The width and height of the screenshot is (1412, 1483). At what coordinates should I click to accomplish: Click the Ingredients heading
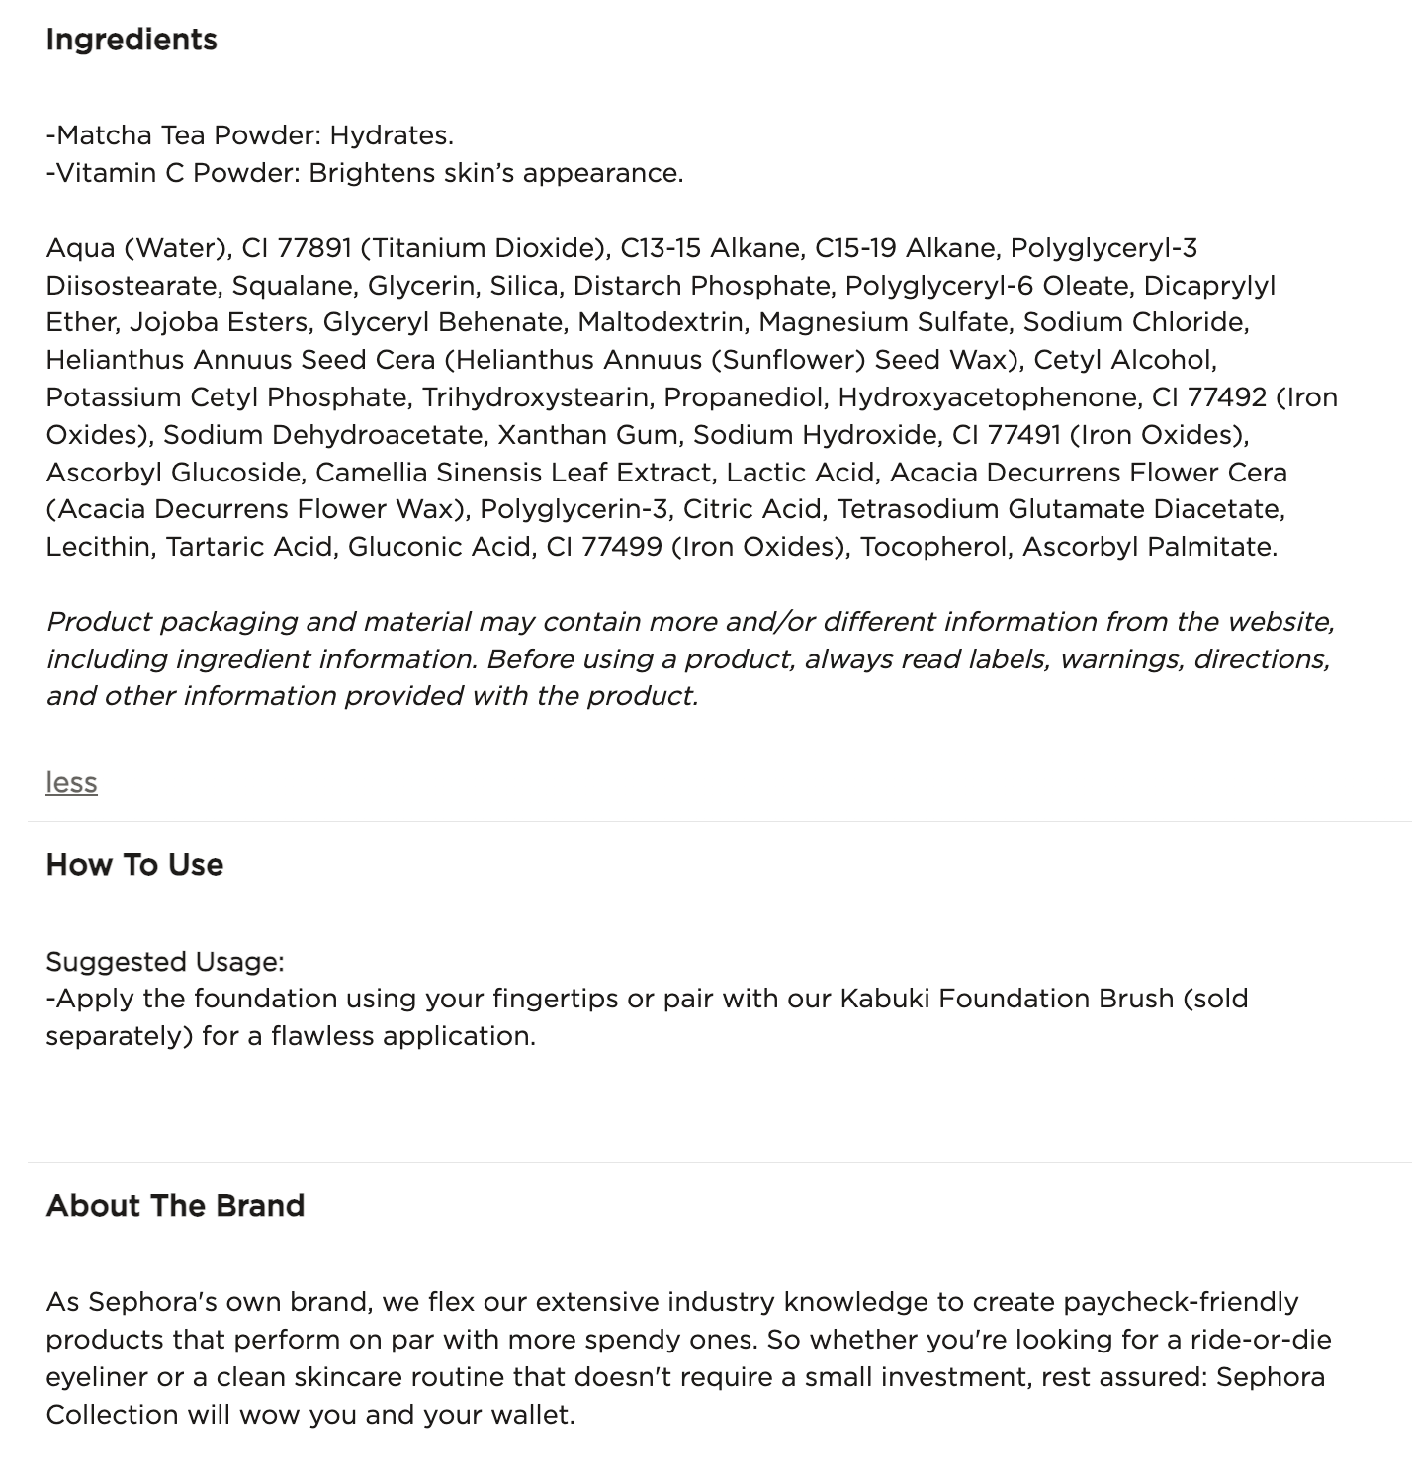132,40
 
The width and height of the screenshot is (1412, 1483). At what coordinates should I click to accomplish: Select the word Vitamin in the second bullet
105,173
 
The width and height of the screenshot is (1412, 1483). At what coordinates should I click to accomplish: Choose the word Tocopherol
934,547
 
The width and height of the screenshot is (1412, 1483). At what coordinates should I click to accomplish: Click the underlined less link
71,782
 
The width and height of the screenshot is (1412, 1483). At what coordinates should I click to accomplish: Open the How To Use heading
134,865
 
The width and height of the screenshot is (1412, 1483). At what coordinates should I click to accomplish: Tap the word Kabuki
885,999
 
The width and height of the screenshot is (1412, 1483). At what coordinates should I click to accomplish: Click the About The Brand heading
175,1206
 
